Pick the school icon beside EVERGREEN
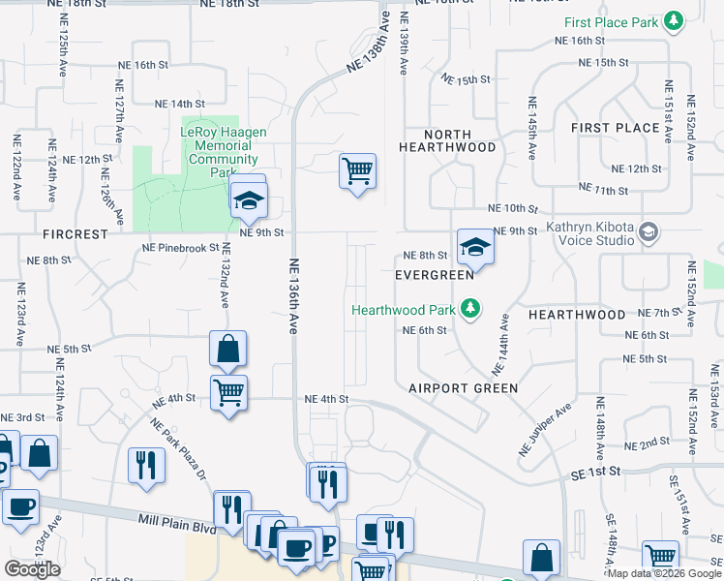pos(475,248)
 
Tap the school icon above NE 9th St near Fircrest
pos(249,199)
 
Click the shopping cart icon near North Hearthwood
pos(357,171)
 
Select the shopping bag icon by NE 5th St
pos(227,349)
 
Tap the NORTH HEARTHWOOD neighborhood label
pos(447,141)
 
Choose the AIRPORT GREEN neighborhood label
pos(463,387)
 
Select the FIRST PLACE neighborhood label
pos(615,128)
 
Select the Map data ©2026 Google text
pos(664,573)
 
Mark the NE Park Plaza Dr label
pos(178,448)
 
